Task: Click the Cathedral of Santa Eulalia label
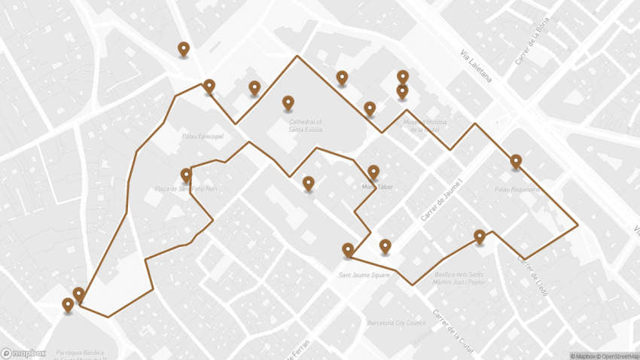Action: click(305, 125)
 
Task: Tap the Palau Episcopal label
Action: click(203, 137)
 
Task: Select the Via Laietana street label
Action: click(476, 66)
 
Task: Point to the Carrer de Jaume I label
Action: click(441, 200)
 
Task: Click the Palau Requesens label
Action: click(517, 189)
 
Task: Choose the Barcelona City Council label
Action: click(396, 322)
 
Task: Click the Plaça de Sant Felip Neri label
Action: click(185, 189)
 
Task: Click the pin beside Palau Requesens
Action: click(516, 161)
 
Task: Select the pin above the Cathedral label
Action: click(288, 102)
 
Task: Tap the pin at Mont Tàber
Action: click(373, 172)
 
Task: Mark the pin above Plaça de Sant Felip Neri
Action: click(186, 175)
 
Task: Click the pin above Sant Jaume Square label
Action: click(348, 249)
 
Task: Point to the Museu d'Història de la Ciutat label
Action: click(425, 125)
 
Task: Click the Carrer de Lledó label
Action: click(532, 276)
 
